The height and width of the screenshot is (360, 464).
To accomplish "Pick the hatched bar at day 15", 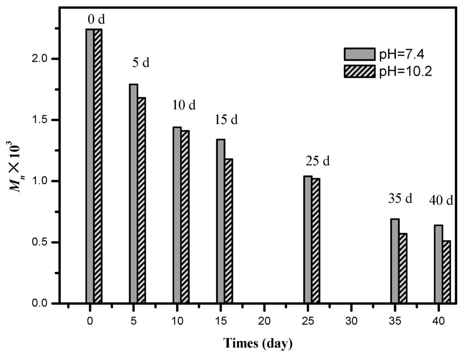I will pos(228,230).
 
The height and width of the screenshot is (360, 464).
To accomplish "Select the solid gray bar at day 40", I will pos(438,264).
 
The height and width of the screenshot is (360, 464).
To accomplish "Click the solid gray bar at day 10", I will pos(177,215).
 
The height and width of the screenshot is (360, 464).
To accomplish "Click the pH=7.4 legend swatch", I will pos(359,54).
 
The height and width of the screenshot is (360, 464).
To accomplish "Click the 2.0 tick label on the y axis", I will pos(44,59).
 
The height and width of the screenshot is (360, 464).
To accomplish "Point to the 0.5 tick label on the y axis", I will pos(44,242).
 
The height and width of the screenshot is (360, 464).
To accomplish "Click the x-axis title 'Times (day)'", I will pos(257,343).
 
